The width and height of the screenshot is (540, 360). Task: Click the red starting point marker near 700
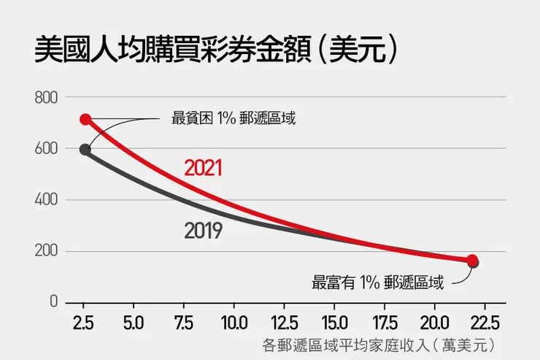coord(85,119)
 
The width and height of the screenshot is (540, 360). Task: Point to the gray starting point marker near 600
coord(85,150)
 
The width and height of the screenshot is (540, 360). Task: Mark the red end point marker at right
coord(472,260)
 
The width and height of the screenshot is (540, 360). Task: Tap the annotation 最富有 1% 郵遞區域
coord(377,282)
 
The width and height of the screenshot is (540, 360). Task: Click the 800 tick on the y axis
coord(46,97)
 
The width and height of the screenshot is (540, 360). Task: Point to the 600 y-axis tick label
coord(46,149)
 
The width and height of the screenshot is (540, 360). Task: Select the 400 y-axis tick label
coord(46,200)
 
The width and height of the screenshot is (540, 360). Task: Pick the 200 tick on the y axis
coord(46,251)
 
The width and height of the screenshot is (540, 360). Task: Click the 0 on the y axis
coord(53,302)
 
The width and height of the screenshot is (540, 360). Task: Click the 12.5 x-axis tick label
coord(284,321)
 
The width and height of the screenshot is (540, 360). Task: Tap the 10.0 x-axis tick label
coord(233,321)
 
